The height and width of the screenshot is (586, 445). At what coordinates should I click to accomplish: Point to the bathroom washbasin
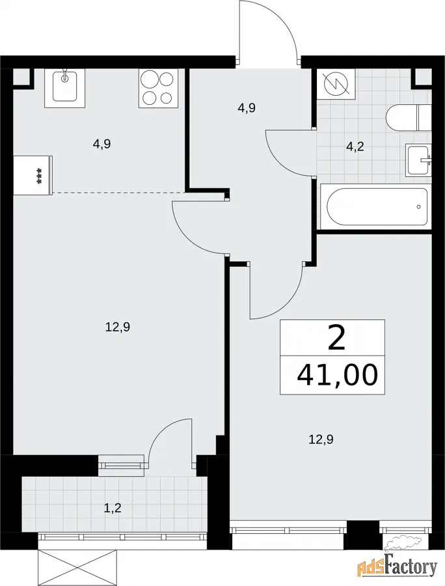419,160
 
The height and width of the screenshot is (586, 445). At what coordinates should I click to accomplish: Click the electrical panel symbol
336,84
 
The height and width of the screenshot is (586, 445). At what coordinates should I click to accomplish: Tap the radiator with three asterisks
33,175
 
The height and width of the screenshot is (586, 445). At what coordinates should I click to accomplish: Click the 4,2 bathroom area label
355,147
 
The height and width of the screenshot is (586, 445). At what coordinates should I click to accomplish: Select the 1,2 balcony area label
113,509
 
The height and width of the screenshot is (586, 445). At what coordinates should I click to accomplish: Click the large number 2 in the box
336,337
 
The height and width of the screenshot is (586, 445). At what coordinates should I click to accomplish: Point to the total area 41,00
338,375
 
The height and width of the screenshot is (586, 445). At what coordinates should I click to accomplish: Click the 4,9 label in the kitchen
102,145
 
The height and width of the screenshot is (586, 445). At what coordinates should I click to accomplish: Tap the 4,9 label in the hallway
247,108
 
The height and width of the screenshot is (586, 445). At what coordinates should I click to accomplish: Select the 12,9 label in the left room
117,328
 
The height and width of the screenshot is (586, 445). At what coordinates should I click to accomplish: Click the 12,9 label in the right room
321,439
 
